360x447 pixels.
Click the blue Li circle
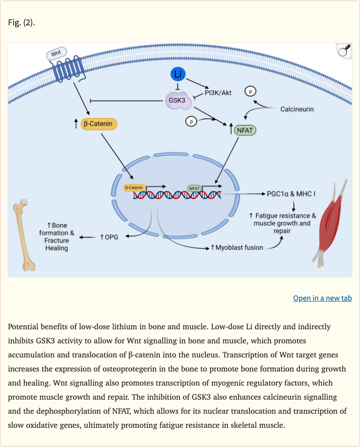[x=178, y=75]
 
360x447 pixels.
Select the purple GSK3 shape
[x=176, y=100]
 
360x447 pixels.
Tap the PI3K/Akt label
[x=218, y=92]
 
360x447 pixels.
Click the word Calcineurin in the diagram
[x=297, y=109]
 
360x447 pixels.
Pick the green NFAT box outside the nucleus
[x=245, y=130]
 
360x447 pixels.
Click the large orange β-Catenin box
[x=99, y=124]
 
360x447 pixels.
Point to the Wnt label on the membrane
[x=56, y=54]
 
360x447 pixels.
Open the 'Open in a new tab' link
[x=322, y=298]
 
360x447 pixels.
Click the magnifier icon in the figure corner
[x=344, y=51]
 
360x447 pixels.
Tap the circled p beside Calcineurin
[x=251, y=91]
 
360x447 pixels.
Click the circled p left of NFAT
[x=191, y=121]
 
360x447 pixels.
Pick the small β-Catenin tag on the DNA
[x=134, y=188]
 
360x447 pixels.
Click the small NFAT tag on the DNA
[x=194, y=188]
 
